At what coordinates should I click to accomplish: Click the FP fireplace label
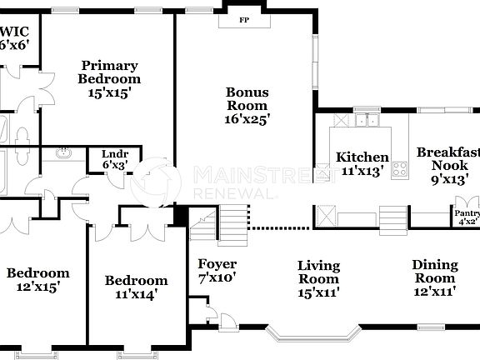tap(244, 19)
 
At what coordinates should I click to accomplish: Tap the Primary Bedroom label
tap(109, 79)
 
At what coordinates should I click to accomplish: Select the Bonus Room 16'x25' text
tap(247, 106)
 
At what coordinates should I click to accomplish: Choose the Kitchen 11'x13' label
tap(362, 163)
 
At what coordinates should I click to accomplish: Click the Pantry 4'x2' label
tap(467, 217)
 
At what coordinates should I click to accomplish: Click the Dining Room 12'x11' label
tap(435, 278)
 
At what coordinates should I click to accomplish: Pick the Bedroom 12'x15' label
tap(38, 279)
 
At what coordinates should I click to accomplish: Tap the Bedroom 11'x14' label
tap(136, 287)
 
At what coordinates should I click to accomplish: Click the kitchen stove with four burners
tap(400, 170)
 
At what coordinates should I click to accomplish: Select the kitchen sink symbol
tap(364, 122)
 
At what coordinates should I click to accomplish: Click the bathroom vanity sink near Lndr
tap(64, 153)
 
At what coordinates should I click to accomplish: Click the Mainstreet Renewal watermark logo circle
tap(156, 183)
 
